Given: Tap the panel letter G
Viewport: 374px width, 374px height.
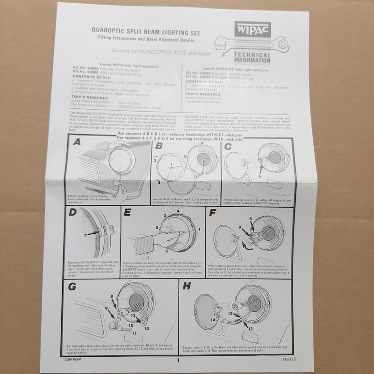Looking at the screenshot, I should coord(72,286).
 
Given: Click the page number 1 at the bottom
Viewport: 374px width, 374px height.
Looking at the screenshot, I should coord(178,360).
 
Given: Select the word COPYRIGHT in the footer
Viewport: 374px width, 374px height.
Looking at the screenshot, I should coord(74,360).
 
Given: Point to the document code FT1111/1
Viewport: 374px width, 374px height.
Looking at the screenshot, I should coord(284,360).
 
